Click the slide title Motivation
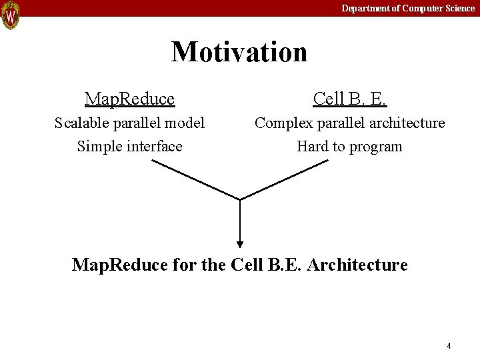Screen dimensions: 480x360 pos(239,51)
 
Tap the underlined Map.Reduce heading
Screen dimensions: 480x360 pos(129,99)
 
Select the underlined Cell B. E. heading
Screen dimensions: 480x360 pos(350,99)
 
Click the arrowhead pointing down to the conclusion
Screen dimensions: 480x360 pos(240,244)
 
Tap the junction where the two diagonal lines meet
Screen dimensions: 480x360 pos(240,199)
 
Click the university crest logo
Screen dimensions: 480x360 pos(11,15)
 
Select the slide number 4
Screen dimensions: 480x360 pos(449,345)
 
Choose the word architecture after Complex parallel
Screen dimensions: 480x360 pos(405,123)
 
